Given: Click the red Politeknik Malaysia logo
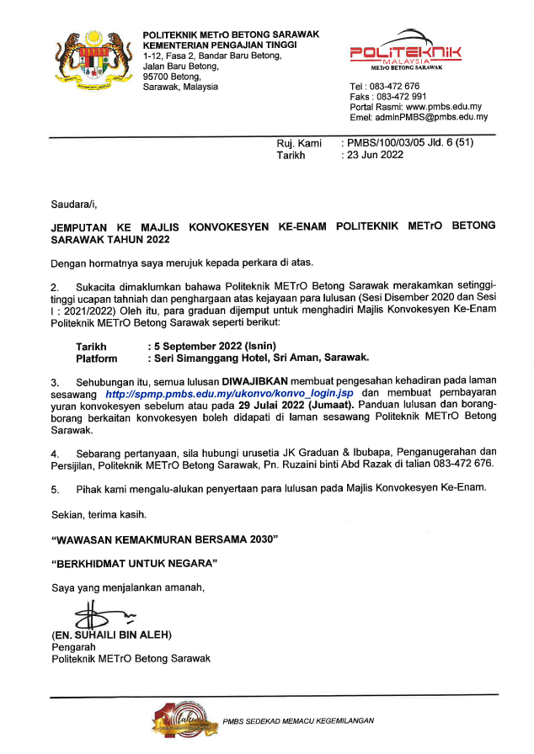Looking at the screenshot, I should [406, 56].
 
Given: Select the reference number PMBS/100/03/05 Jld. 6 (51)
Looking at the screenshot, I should [409, 142].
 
